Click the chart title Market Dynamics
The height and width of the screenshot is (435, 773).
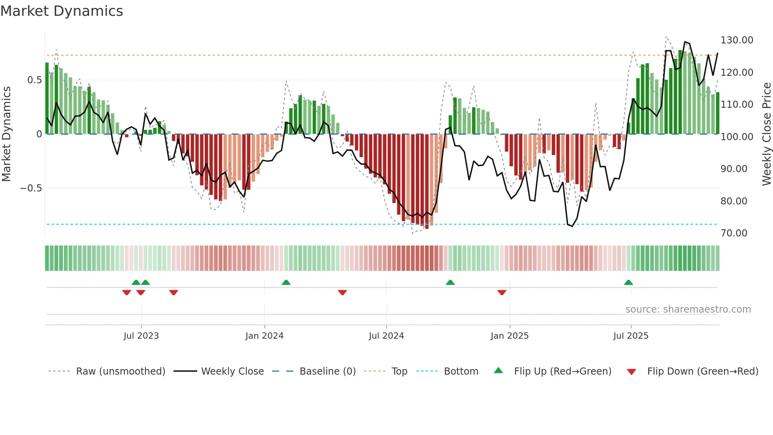62,11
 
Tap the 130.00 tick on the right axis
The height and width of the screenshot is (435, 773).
736,40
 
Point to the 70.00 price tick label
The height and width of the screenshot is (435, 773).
734,233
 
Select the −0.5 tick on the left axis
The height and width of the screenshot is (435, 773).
31,188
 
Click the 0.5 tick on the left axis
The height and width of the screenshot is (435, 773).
34,80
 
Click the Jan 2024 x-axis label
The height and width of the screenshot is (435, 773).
264,336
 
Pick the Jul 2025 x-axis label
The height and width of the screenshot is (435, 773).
631,336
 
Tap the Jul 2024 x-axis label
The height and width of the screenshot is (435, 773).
386,336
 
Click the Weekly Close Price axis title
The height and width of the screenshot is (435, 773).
766,134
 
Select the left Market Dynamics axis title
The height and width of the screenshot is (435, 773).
6,134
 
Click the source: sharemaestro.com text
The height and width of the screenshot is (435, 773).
688,309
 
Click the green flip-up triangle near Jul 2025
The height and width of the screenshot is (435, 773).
628,283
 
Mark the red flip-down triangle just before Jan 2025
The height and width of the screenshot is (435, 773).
502,292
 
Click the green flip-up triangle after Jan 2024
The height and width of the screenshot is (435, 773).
286,283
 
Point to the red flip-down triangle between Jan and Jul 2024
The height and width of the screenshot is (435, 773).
342,292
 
